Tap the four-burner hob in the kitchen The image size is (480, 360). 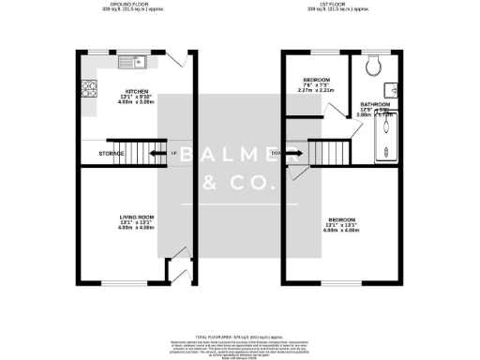click(92, 91)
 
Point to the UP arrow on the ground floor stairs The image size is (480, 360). click(174, 154)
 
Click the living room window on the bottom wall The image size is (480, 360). click(124, 282)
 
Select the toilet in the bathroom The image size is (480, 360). click(373, 65)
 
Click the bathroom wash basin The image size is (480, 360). click(397, 90)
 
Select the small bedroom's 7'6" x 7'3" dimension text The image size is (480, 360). click(316, 85)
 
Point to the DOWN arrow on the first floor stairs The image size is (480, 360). click(277, 154)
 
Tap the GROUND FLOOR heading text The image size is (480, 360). click(131, 4)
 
